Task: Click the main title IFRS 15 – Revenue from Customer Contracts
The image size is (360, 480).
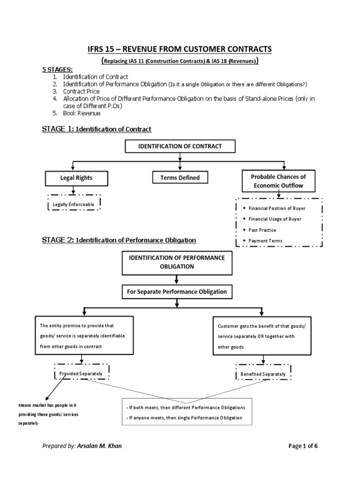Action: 180,49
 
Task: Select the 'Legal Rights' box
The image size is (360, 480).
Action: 76,178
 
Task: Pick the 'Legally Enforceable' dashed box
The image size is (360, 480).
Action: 74,204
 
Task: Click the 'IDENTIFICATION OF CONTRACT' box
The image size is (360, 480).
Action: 180,146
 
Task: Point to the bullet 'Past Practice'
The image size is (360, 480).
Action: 262,230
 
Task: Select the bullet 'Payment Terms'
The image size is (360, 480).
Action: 265,241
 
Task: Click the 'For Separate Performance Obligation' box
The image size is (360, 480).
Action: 177,292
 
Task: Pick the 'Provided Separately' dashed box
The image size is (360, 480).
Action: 82,372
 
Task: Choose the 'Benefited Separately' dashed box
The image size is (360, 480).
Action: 263,374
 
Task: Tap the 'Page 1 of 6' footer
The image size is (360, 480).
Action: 306,446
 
